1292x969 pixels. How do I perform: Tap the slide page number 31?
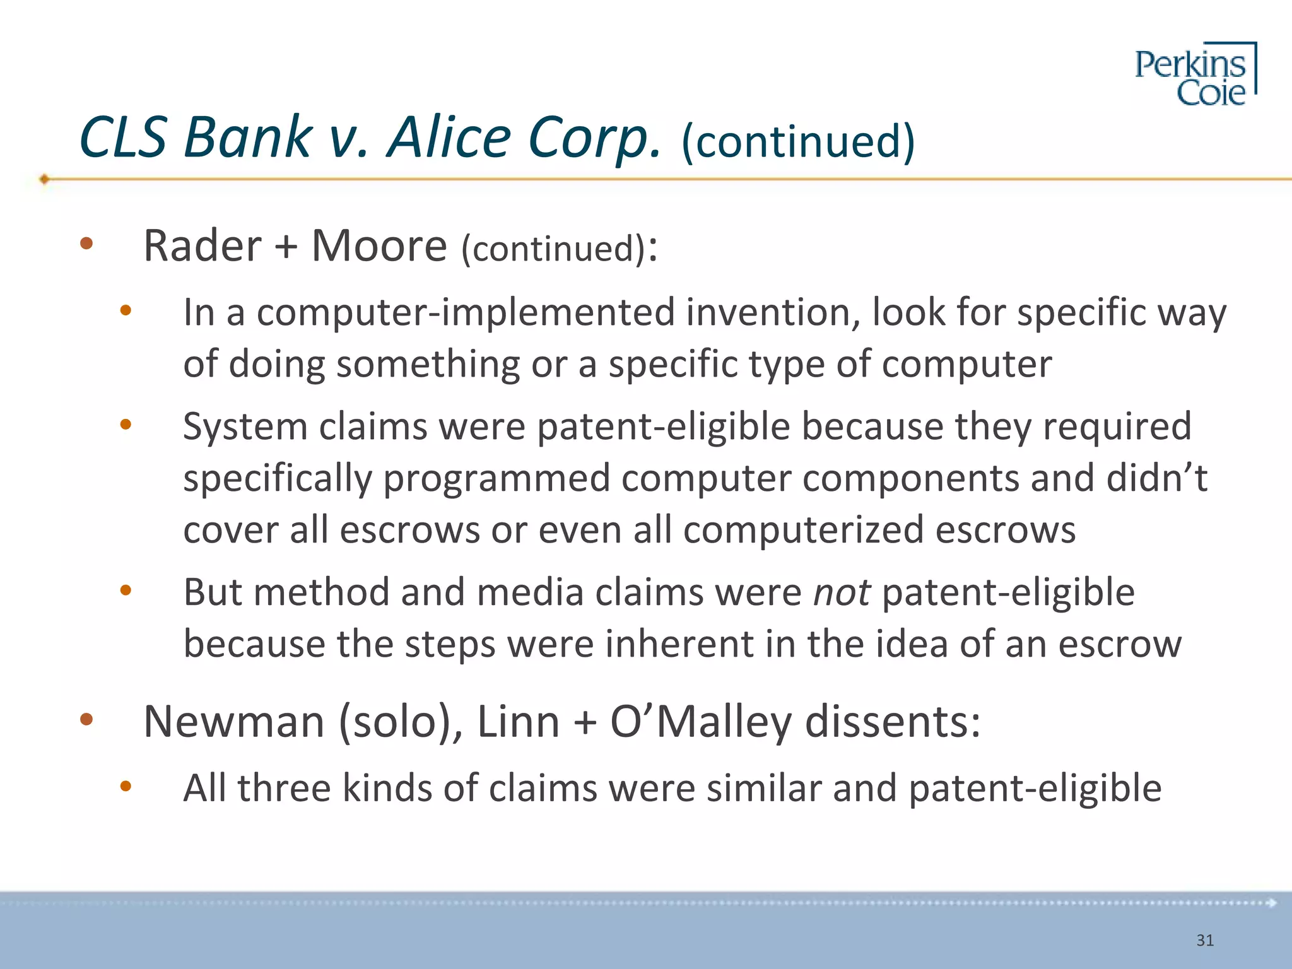[x=1205, y=941]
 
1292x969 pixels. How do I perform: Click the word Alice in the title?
[x=449, y=138]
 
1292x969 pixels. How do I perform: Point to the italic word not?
[x=842, y=593]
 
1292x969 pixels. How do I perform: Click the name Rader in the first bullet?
[x=202, y=245]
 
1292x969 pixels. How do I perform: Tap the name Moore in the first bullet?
[x=379, y=245]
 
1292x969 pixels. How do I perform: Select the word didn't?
[x=1156, y=478]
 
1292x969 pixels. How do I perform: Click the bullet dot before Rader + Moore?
[x=87, y=244]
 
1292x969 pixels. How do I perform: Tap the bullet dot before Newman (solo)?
[x=87, y=719]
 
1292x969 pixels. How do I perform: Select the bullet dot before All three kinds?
[x=126, y=786]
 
